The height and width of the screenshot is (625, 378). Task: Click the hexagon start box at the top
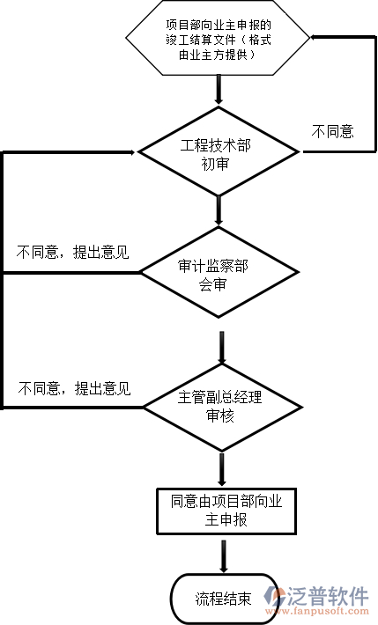tap(218, 40)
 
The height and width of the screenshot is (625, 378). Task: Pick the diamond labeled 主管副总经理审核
tap(219, 406)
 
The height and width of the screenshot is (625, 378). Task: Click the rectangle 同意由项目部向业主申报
tap(220, 511)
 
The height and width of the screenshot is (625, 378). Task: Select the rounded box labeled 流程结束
tap(220, 599)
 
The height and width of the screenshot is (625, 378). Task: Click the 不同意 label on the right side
tap(333, 132)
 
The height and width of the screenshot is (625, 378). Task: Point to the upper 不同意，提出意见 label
tap(73, 254)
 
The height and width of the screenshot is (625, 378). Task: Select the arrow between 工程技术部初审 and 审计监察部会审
tap(219, 210)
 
